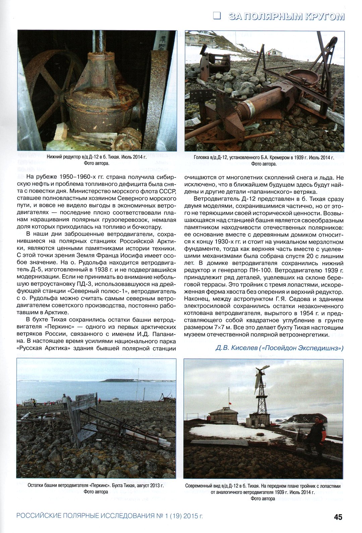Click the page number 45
coord(338,517)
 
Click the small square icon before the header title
coord(217,16)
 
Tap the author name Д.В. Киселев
coord(236,348)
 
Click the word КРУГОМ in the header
coord(325,16)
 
